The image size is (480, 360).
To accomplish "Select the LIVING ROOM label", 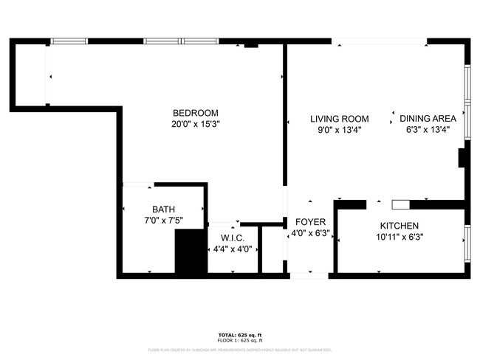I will click(x=339, y=119).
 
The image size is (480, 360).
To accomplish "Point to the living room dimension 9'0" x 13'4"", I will click(x=339, y=130).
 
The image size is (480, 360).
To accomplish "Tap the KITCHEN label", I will click(x=400, y=226).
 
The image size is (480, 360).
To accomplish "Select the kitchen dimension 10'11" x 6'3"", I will click(x=400, y=237).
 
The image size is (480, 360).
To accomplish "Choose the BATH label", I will click(x=164, y=209).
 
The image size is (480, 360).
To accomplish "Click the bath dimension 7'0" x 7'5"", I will click(x=164, y=220).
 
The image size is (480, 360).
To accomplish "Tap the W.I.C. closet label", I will click(x=233, y=238).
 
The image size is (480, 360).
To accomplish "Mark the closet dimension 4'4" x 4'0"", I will click(x=233, y=249).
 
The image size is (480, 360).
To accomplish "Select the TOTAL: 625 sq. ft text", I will click(x=240, y=335).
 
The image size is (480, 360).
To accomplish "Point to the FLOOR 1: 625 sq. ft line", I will click(x=240, y=340).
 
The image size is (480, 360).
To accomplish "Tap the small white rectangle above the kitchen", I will click(x=400, y=203).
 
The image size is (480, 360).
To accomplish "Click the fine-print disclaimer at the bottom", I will click(x=240, y=350).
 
